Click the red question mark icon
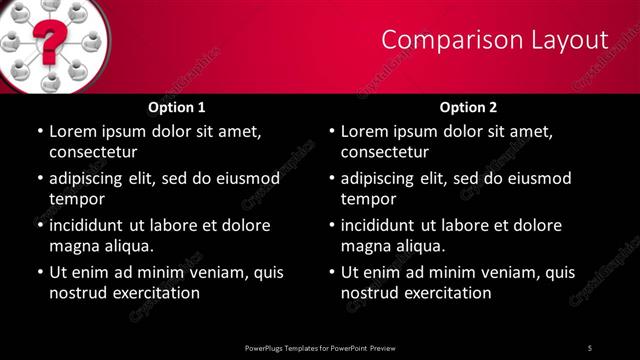(46, 41)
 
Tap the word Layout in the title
(572, 40)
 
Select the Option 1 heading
(177, 107)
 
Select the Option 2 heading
(468, 107)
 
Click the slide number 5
(590, 347)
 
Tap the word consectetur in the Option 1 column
(93, 152)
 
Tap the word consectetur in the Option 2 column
(385, 152)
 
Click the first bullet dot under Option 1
(39, 132)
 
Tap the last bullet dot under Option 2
(331, 273)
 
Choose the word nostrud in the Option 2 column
(372, 293)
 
